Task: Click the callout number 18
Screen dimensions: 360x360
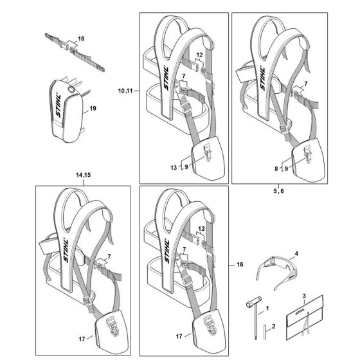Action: (x=81, y=39)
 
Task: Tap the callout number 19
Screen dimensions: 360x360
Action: (x=93, y=108)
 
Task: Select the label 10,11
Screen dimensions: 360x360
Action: (x=125, y=91)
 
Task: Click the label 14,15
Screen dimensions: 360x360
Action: (x=84, y=175)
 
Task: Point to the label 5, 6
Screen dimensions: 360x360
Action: (x=278, y=191)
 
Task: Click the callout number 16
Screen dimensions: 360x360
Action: (x=240, y=264)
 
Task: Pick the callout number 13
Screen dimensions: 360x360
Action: (x=174, y=167)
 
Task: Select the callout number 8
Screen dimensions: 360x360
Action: (x=276, y=168)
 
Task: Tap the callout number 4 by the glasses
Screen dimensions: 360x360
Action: (x=296, y=253)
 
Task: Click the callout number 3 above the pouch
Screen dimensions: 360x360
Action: (x=304, y=296)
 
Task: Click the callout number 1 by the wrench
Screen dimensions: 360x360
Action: (x=267, y=309)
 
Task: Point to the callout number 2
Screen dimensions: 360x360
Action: (x=273, y=326)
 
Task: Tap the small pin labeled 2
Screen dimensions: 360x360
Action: (x=265, y=331)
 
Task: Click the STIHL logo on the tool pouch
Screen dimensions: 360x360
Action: (x=300, y=312)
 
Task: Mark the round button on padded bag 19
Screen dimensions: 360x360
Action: (x=72, y=89)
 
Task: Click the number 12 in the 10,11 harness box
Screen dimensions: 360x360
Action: (x=199, y=55)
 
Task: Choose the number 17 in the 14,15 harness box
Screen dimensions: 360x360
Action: (x=82, y=339)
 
